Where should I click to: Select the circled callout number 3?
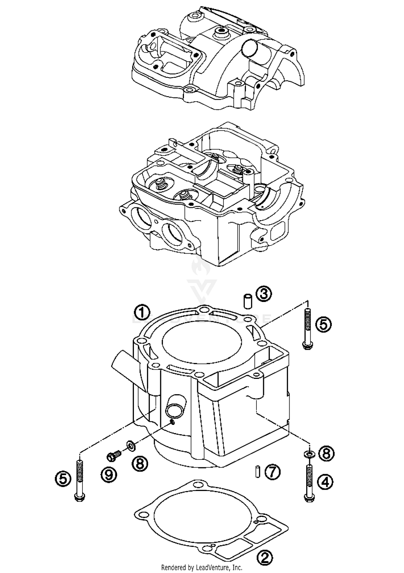tap(264, 294)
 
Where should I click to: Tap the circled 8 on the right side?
tap(326, 454)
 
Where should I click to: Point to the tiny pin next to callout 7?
tap(258, 472)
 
